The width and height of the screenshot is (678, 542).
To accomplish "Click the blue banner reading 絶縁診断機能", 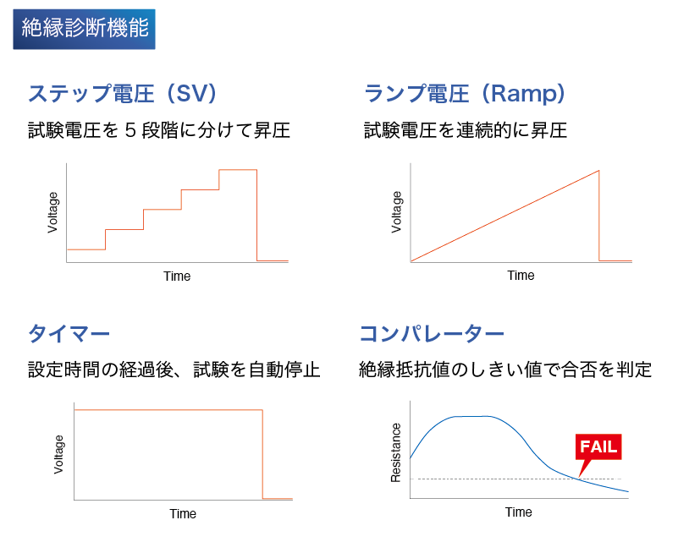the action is tap(84, 29).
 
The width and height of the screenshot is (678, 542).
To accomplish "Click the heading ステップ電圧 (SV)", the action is tap(123, 93).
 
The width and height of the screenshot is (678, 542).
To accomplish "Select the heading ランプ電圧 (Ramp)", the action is tap(465, 93).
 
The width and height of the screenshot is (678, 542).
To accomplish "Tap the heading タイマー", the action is tap(69, 334).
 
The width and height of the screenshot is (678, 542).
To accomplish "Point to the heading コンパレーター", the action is tap(432, 334).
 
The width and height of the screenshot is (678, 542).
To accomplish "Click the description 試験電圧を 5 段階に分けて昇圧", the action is tap(158, 130).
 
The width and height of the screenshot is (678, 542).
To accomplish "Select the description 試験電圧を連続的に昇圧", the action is tap(466, 130).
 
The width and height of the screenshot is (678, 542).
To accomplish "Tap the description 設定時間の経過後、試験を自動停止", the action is tap(174, 370).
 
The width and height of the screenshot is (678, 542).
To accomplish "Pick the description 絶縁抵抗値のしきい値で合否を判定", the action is tap(505, 370).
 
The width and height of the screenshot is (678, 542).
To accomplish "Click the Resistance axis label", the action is tap(395, 452).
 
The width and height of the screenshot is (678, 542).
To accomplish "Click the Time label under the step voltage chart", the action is tap(177, 276).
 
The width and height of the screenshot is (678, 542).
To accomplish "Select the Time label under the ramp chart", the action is tap(521, 276).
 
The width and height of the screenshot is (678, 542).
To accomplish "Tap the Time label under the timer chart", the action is tap(183, 514).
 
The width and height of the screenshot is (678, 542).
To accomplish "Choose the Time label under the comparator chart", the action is tap(518, 512).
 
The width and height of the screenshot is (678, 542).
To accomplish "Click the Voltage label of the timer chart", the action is tap(58, 454).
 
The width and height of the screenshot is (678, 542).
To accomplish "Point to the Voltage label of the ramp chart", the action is tap(396, 212).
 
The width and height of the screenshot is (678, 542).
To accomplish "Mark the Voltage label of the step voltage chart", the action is tap(52, 212).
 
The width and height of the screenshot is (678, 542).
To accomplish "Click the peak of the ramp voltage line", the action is tap(599, 171).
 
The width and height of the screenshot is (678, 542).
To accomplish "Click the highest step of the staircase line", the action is tap(238, 170).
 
